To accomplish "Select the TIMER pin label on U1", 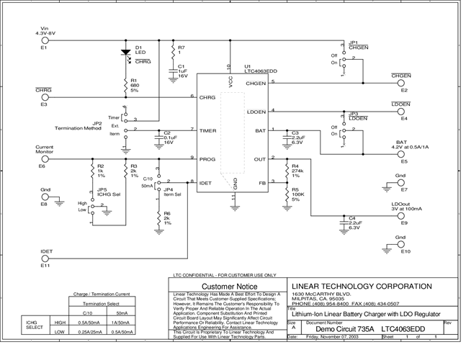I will tap(209, 130).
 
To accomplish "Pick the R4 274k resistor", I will tap(287, 172).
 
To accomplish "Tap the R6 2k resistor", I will tap(158, 216).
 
